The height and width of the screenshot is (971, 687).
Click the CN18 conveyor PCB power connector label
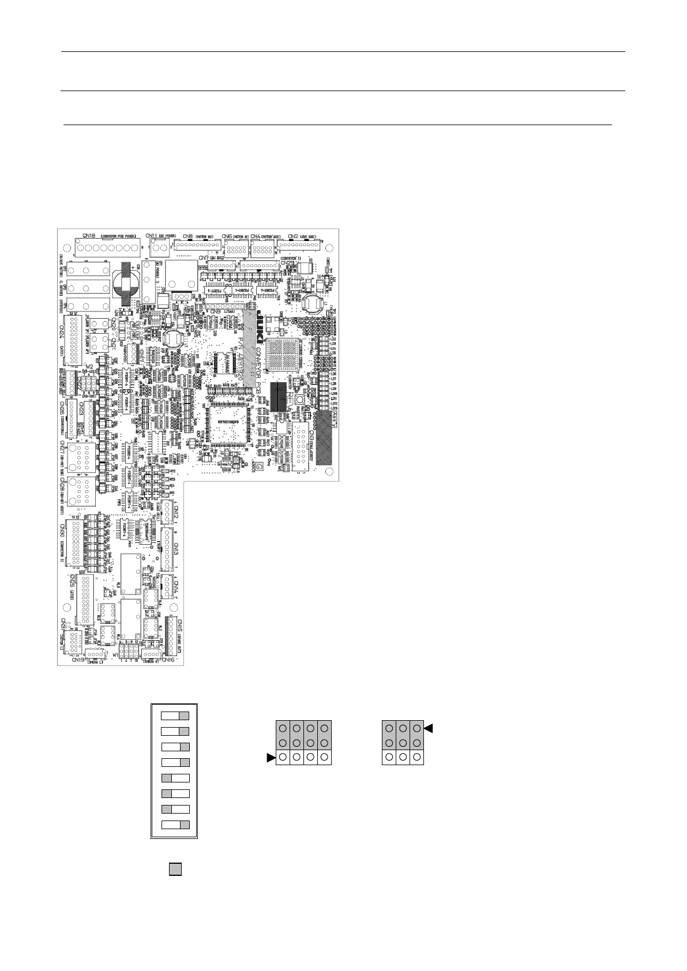tap(89, 235)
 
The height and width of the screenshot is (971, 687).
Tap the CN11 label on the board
tap(152, 235)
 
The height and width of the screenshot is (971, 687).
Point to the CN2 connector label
tap(293, 235)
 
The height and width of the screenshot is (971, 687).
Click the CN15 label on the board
tap(181, 626)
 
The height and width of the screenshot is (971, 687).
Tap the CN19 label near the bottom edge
tap(78, 660)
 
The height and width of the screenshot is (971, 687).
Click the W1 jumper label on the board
tap(116, 656)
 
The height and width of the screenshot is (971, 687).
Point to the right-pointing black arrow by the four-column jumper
tap(271, 758)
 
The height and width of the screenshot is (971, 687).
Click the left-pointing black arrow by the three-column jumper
tap(428, 729)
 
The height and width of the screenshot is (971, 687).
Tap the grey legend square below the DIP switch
tap(175, 870)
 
